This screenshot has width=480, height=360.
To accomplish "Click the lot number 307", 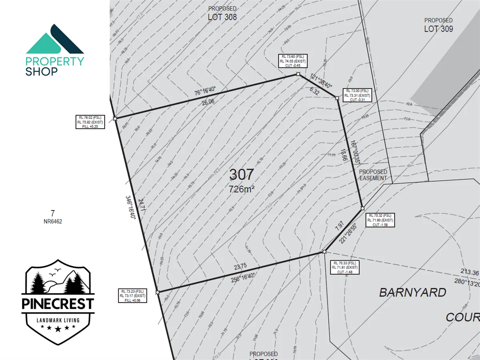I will [x=241, y=175].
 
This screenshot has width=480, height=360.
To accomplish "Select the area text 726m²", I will [x=242, y=189].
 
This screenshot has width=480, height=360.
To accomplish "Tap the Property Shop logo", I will [x=55, y=50].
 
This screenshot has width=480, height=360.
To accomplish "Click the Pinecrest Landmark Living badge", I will [x=58, y=302].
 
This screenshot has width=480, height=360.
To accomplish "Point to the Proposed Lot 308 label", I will [x=222, y=13].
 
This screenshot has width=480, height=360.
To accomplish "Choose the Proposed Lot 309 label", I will [x=438, y=25].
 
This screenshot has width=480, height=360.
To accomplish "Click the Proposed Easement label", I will [x=373, y=175].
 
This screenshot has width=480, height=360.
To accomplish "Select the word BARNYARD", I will [x=412, y=292].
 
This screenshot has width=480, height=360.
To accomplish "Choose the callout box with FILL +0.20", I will [x=90, y=122].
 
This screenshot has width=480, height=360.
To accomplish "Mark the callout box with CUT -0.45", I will [x=291, y=61].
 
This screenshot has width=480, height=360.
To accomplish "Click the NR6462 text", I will [x=53, y=221].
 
